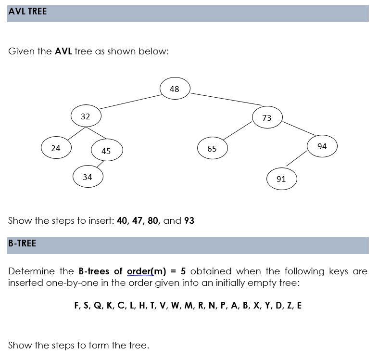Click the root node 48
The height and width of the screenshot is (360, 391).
pyautogui.click(x=175, y=89)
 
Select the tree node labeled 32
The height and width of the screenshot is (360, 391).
pyautogui.click(x=86, y=116)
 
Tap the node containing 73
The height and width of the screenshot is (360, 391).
pyautogui.click(x=267, y=118)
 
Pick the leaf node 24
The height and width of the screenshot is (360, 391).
pyautogui.click(x=56, y=148)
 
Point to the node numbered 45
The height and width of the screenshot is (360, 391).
pyautogui.click(x=106, y=151)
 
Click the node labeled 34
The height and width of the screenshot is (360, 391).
pyautogui.click(x=88, y=177)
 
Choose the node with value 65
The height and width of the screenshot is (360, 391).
pyautogui.click(x=212, y=149)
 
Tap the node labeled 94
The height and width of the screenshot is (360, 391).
pyautogui.click(x=322, y=146)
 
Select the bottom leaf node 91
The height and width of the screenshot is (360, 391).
pyautogui.click(x=281, y=179)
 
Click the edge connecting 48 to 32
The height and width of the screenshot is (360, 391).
pyautogui.click(x=130, y=102)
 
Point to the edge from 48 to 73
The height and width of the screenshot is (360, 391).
pyautogui.click(x=226, y=99)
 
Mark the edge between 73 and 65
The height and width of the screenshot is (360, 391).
pyautogui.click(x=238, y=130)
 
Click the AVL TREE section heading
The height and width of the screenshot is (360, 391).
pyautogui.click(x=27, y=12)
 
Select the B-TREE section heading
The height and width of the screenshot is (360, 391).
pyautogui.click(x=22, y=244)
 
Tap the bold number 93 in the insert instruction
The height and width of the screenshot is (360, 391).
pyautogui.click(x=189, y=221)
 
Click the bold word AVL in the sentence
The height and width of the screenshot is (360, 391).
pyautogui.click(x=63, y=51)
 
